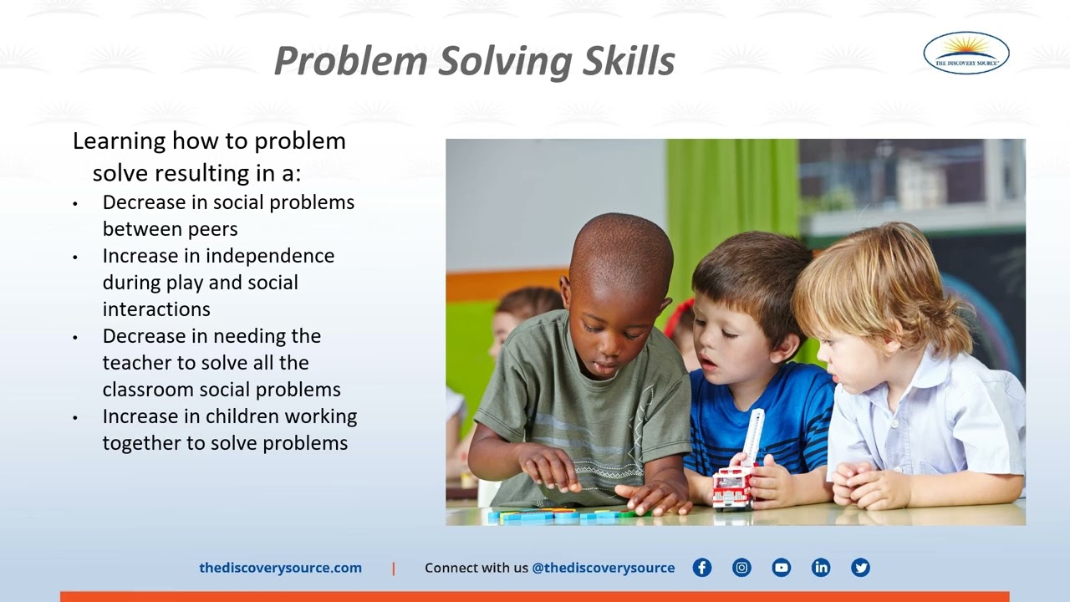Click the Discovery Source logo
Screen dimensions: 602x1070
point(966,53)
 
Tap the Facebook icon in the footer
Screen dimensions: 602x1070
point(702,568)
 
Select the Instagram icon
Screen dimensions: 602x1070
point(741,568)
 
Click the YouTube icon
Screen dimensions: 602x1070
point(782,568)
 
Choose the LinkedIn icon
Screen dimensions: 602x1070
point(821,568)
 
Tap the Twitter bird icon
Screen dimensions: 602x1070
point(860,568)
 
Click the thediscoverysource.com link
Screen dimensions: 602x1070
point(280,568)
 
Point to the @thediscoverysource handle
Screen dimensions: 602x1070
point(603,568)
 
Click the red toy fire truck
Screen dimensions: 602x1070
point(733,486)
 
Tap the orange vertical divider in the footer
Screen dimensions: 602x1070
point(394,569)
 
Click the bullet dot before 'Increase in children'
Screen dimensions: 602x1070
point(75,417)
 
